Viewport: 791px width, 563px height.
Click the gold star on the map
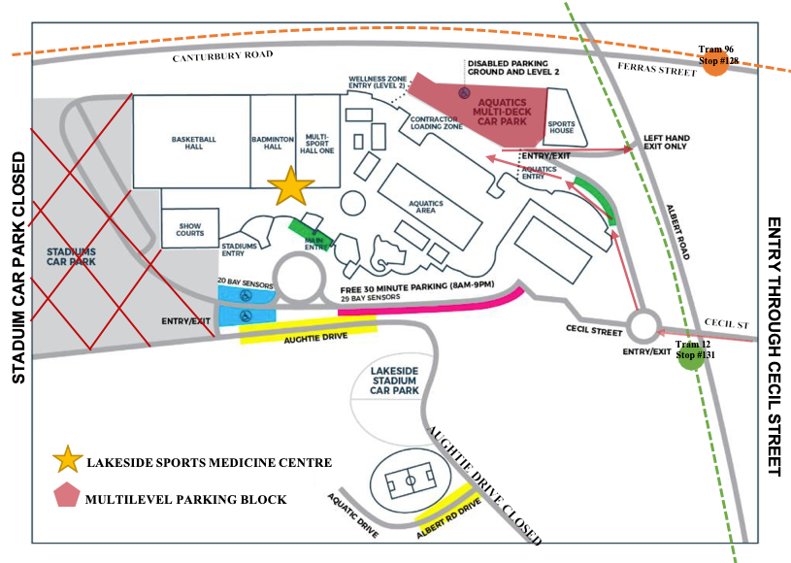[x=290, y=186]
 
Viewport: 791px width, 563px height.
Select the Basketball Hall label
[x=193, y=141]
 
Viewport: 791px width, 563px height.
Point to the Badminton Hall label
[x=273, y=141]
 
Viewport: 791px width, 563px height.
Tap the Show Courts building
[x=189, y=229]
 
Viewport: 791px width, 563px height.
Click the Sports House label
[x=562, y=126]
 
